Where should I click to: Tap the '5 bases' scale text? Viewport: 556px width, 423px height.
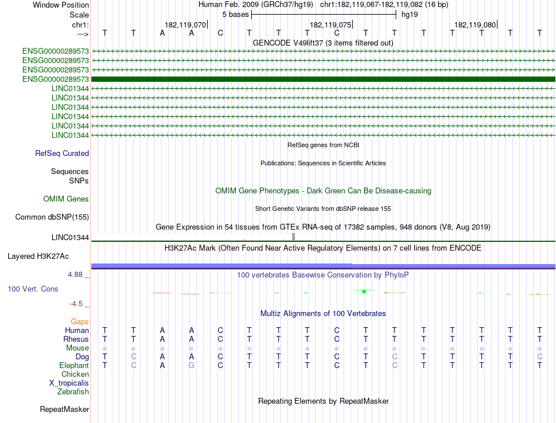coord(235,14)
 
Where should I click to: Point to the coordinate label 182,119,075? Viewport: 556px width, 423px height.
coord(331,25)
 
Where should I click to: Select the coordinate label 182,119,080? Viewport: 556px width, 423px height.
coord(475,25)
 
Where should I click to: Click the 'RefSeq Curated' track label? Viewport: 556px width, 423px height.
coord(62,154)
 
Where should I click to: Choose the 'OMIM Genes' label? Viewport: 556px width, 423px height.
coord(66,199)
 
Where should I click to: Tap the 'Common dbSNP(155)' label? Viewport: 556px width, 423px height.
coord(52,217)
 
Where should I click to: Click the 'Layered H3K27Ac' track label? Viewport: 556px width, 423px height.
coord(38,256)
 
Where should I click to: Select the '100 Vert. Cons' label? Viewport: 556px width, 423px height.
coord(33,289)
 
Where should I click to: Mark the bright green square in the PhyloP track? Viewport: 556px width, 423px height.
coord(364,290)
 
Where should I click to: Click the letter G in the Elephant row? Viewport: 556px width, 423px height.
coord(191,365)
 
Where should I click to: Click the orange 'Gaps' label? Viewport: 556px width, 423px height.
coord(80,322)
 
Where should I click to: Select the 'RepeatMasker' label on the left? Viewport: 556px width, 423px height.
coord(64,410)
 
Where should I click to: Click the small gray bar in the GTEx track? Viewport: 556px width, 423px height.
coord(293,236)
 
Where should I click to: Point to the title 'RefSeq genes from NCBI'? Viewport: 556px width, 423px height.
coord(322,144)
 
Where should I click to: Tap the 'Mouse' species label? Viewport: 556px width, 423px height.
coord(77,348)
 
